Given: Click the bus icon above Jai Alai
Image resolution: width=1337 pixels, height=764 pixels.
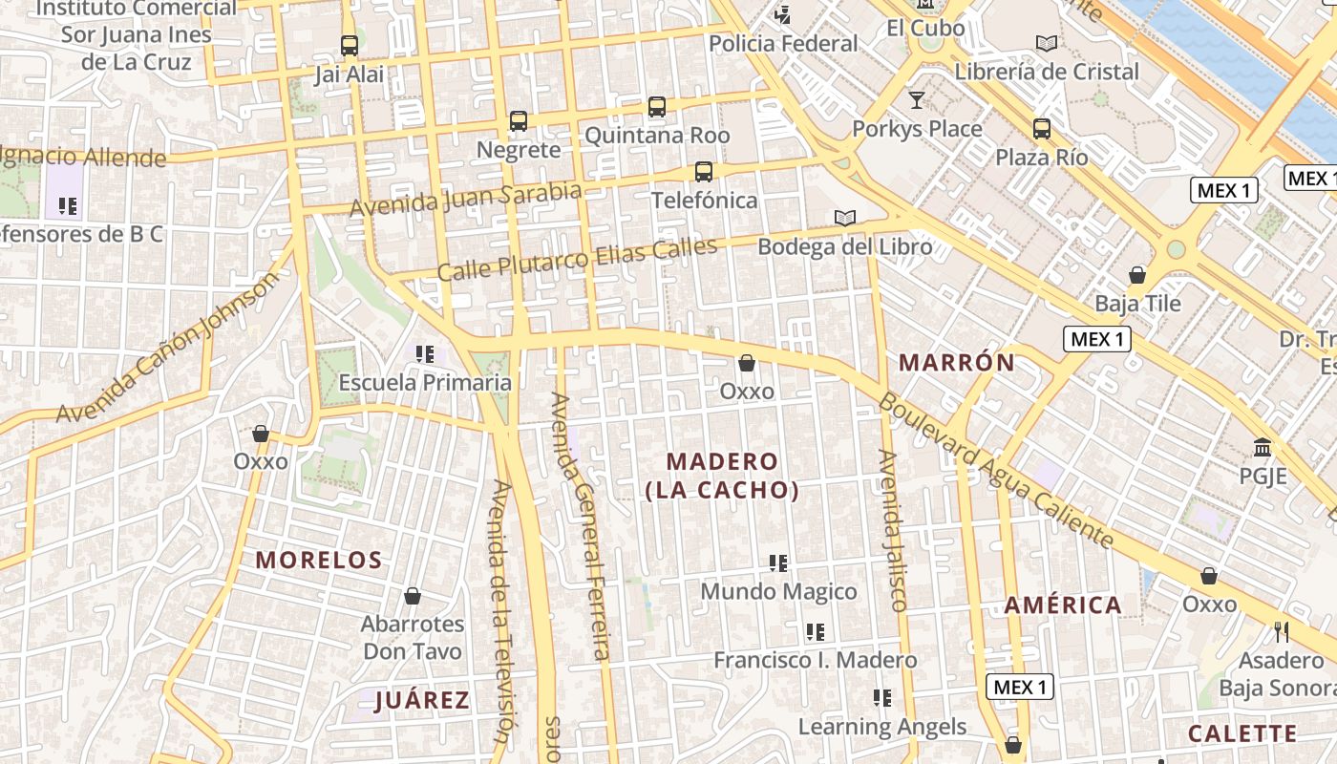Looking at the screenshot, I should [x=350, y=45].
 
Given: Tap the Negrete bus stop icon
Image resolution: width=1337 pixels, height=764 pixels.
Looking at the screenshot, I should [x=518, y=121].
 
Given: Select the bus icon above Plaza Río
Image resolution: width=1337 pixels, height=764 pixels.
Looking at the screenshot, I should [x=1041, y=128].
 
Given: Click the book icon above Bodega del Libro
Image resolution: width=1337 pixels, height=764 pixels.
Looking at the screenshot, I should [x=844, y=218].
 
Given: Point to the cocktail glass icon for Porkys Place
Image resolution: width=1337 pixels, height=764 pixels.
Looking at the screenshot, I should [x=917, y=99].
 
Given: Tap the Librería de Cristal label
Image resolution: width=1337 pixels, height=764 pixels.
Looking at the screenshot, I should [x=1047, y=72].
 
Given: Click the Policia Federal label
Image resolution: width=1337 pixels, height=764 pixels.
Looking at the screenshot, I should [x=783, y=44].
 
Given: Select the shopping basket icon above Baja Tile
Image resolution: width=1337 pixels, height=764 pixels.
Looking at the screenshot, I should [x=1137, y=275].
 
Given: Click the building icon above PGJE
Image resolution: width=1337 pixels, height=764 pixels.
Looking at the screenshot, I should [x=1263, y=447].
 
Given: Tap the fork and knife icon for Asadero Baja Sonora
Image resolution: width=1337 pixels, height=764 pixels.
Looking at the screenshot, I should [x=1281, y=631].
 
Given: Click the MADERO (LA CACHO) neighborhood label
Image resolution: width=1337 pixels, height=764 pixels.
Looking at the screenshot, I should [x=722, y=476].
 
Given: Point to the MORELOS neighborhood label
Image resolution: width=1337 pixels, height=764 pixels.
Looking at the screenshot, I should [x=319, y=561].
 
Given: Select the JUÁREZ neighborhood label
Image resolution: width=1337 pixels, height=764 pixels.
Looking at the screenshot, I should [x=422, y=701].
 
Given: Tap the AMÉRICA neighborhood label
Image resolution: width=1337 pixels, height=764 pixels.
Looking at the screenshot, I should [x=1063, y=605].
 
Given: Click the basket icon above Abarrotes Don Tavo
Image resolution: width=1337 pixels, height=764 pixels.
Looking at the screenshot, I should [x=413, y=596].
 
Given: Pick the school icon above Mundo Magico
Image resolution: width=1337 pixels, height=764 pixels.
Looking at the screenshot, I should [x=778, y=563].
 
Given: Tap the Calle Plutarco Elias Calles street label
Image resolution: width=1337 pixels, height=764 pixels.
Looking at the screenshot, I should [x=577, y=260].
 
